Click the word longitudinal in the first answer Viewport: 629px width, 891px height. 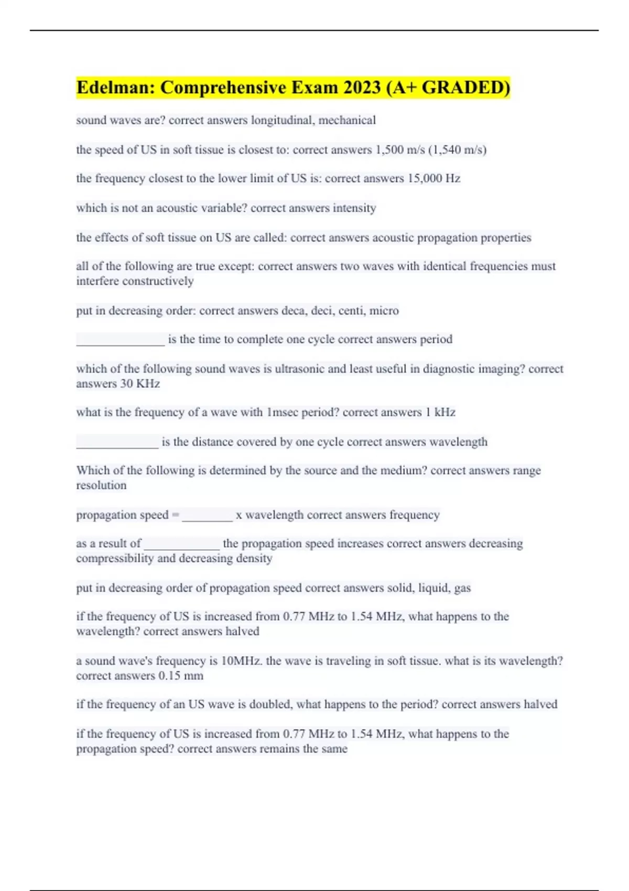[x=283, y=120]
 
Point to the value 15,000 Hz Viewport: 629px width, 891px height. [x=434, y=179]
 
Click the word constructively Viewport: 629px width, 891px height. [x=157, y=281]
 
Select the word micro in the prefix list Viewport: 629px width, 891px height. [x=384, y=311]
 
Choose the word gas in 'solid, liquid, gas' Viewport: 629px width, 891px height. [x=462, y=588]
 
